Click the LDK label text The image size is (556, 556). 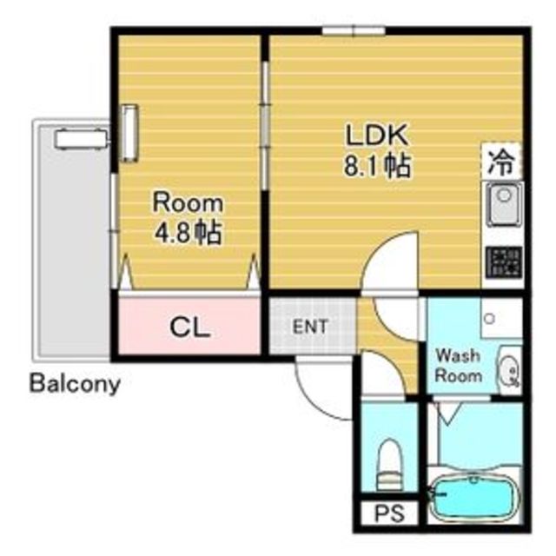point(377,136)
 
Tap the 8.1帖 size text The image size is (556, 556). point(377,165)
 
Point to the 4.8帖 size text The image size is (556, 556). point(188,232)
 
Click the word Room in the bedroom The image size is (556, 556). point(188,203)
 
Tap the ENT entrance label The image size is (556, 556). point(310,327)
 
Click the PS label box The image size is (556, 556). point(390,513)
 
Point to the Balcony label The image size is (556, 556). point(75,384)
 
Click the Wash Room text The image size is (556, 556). point(458,365)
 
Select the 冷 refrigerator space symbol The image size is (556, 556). point(501,163)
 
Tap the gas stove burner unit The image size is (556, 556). point(504,261)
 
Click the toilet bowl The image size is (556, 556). point(390,465)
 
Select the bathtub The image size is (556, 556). point(474,498)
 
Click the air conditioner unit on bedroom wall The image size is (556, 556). point(129,133)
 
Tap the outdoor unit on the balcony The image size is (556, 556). point(81,139)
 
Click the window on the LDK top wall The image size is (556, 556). point(354,31)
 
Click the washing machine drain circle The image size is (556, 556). point(490,318)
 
